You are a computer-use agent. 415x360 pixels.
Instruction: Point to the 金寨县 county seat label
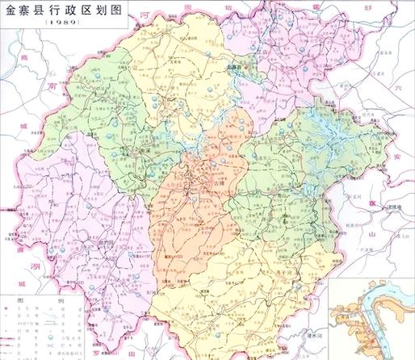tap(235, 68)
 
